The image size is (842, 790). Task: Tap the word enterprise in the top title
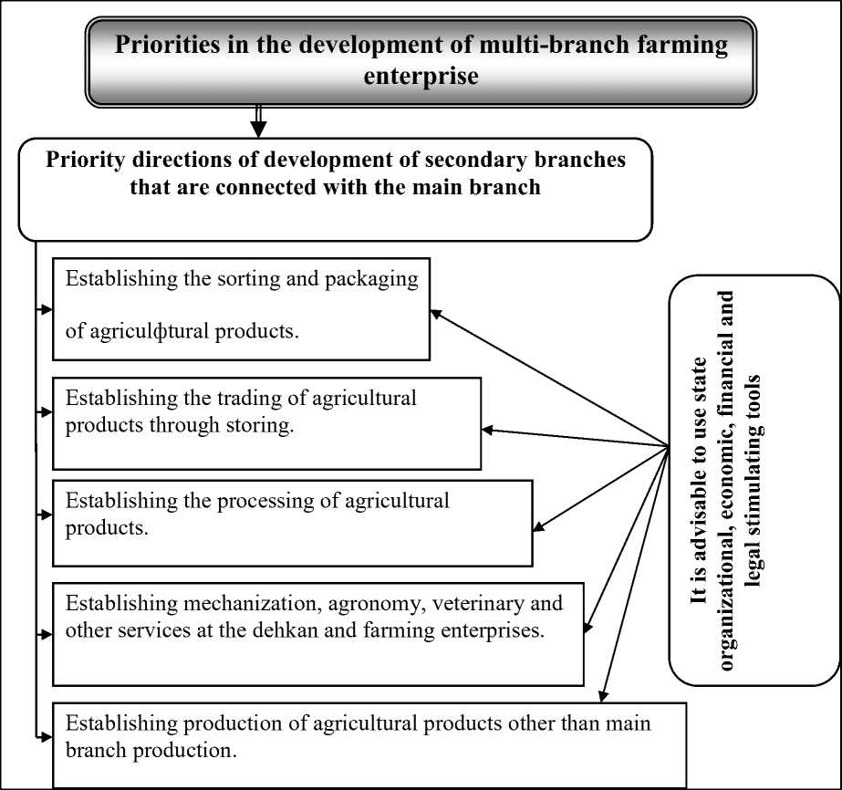coord(421,76)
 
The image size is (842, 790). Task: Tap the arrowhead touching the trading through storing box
coord(487,430)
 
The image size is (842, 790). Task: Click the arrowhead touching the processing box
coord(537,527)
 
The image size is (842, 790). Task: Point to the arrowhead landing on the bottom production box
coord(604,698)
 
